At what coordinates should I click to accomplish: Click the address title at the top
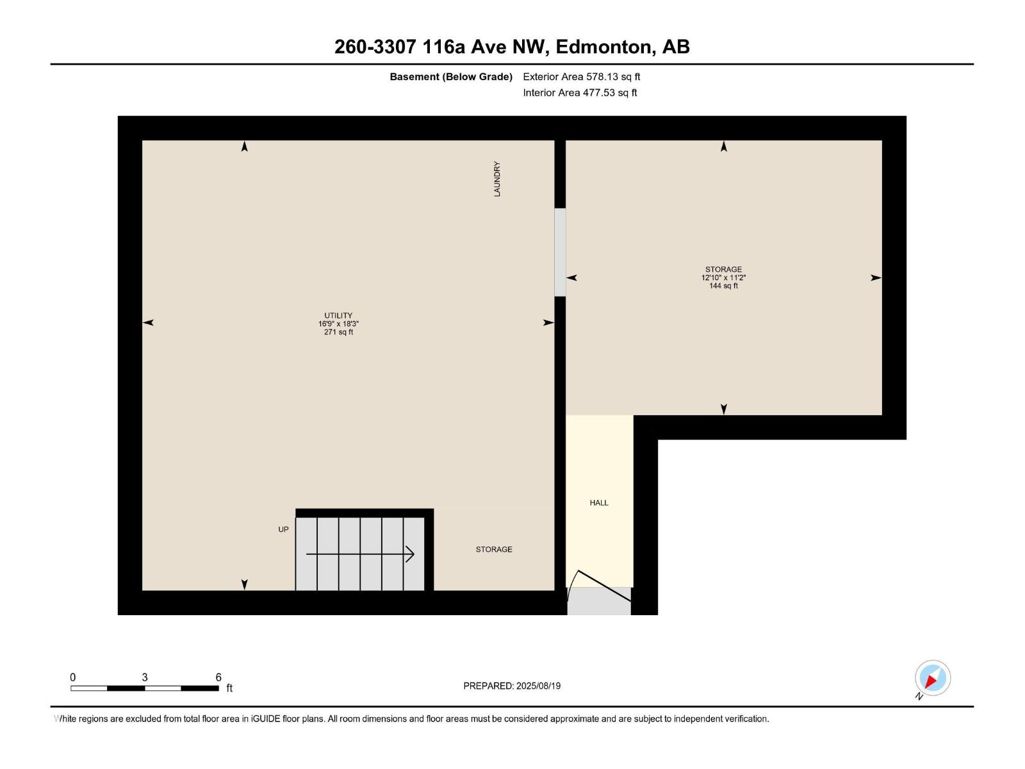512,47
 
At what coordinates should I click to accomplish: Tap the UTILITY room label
338,315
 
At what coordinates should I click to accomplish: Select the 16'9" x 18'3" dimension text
338,324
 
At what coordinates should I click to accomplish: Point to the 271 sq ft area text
338,332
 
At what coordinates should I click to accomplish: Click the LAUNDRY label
496,179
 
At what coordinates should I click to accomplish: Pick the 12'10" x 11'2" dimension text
723,277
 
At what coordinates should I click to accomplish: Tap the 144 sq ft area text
723,286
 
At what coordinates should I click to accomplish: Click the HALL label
599,503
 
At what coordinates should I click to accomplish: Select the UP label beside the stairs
283,529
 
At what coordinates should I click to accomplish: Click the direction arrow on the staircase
360,554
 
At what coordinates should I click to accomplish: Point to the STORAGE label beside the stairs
494,549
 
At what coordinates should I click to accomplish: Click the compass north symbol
932,678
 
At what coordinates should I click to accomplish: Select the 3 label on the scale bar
145,677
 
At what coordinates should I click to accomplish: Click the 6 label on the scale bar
218,677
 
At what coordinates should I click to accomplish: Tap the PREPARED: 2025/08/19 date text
512,686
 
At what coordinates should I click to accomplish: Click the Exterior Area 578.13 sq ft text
581,77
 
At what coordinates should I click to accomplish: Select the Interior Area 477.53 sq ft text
580,92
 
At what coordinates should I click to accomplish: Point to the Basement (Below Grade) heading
451,77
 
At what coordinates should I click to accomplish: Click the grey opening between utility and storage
560,252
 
